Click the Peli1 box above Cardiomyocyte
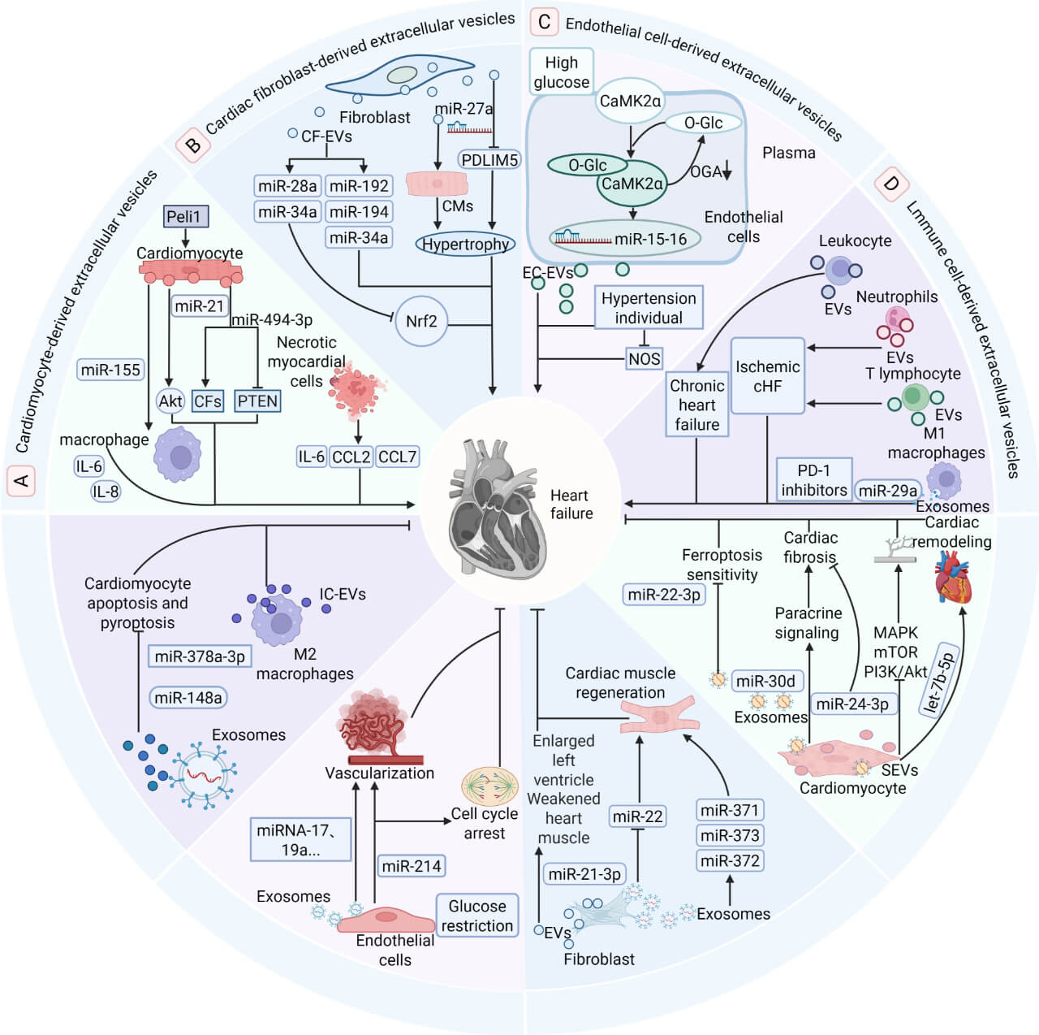(186, 216)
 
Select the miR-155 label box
(110, 370)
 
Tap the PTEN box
(257, 401)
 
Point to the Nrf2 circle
(421, 321)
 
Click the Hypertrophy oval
(465, 245)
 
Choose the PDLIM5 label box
(489, 160)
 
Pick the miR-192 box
(359, 185)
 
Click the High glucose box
(561, 71)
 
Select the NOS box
(644, 358)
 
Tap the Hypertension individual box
(649, 308)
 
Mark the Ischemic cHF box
(767, 376)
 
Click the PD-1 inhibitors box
(813, 480)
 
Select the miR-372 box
(730, 860)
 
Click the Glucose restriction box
(477, 916)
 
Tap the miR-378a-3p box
(200, 656)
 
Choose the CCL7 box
(397, 457)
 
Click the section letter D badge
(891, 184)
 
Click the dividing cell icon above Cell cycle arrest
(489, 786)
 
